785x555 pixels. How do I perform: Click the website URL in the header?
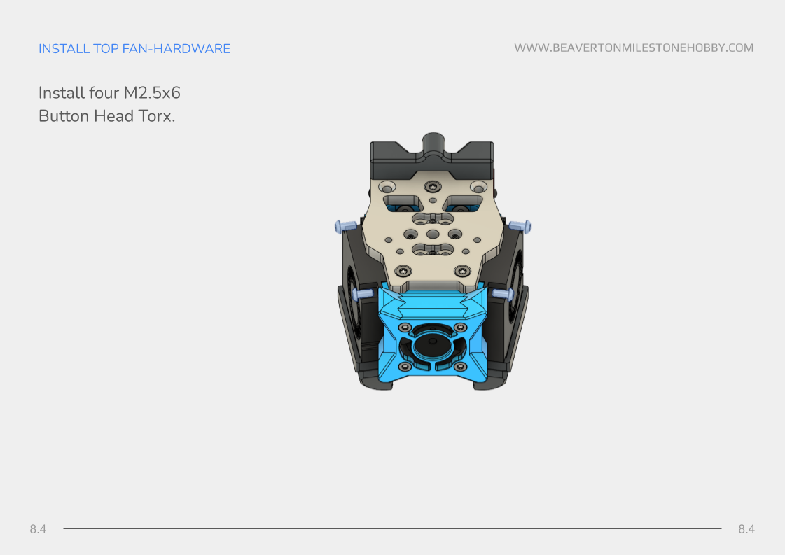[x=634, y=48]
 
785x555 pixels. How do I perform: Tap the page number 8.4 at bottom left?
[x=38, y=529]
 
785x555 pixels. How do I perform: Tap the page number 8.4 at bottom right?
[x=746, y=529]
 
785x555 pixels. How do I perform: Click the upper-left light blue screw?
[x=345, y=227]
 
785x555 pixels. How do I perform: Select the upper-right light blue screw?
[x=521, y=227]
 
